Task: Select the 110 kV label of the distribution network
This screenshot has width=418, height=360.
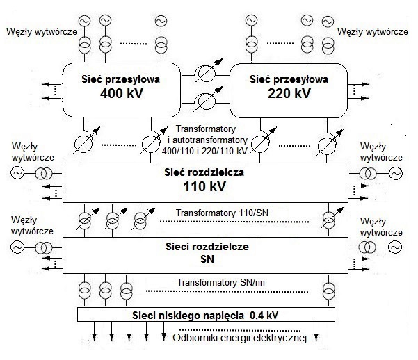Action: click(205, 188)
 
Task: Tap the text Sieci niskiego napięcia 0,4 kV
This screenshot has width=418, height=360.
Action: click(205, 315)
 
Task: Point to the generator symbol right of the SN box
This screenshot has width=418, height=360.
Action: click(396, 247)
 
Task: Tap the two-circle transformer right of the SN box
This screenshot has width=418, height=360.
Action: click(367, 247)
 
